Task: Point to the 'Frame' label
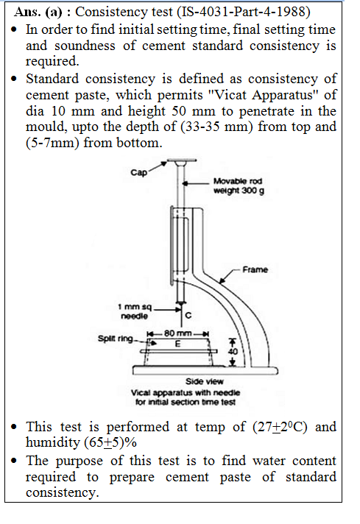255,269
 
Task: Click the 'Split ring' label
113,339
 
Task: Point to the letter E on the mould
179,343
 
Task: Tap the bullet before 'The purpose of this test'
15,461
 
